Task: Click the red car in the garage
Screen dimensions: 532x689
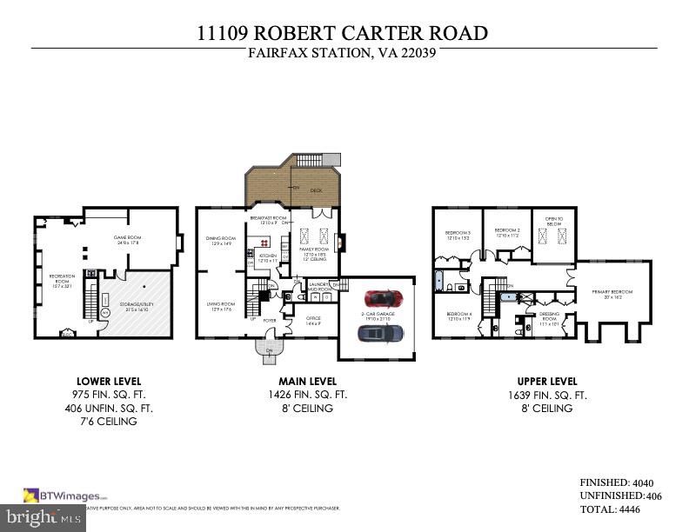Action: click(380, 298)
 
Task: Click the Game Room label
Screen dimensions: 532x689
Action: click(128, 237)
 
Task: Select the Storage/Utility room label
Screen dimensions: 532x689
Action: click(134, 306)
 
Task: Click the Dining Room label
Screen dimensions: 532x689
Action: click(221, 240)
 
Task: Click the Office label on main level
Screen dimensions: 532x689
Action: click(313, 319)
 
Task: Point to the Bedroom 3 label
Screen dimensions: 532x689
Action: click(458, 233)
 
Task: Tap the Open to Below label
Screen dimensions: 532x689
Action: click(554, 221)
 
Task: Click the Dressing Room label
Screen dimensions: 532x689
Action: click(549, 317)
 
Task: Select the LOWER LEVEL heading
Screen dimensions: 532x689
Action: click(109, 381)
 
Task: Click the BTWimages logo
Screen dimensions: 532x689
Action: click(65, 495)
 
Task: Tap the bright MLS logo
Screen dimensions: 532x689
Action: click(42, 518)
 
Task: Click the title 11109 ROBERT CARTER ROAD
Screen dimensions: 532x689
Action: click(344, 33)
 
